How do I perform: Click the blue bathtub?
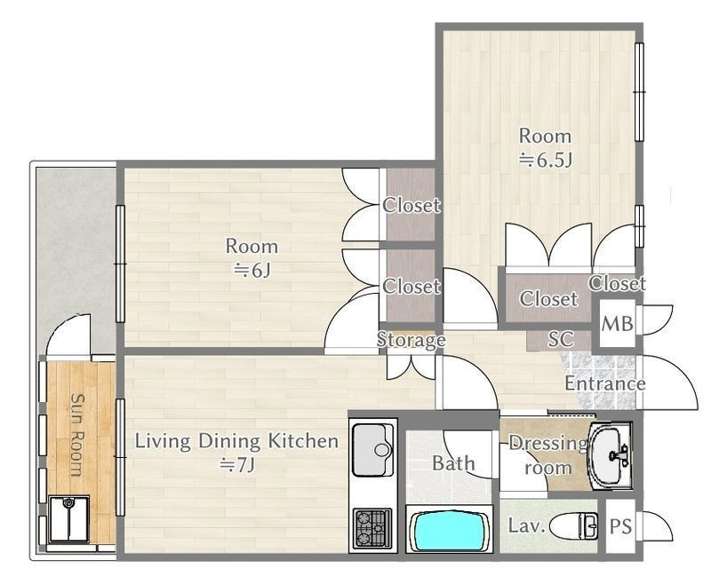[x=446, y=530]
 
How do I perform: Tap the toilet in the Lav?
[x=573, y=526]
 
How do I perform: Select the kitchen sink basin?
[x=372, y=450]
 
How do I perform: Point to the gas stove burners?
[x=372, y=528]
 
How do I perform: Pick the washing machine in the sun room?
[x=69, y=519]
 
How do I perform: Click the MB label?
[x=617, y=324]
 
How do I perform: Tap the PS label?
[x=620, y=526]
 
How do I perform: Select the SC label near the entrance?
[x=561, y=339]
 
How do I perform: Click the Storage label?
[x=411, y=340]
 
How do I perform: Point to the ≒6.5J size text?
[x=546, y=160]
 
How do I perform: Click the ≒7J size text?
[x=237, y=464]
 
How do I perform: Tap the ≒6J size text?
[x=252, y=271]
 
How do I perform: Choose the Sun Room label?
[x=78, y=435]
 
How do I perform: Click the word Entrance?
[x=605, y=383]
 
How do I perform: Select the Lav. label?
[x=526, y=525]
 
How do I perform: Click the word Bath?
[x=453, y=463]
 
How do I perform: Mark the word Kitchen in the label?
[x=303, y=440]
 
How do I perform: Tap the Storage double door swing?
[x=411, y=367]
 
